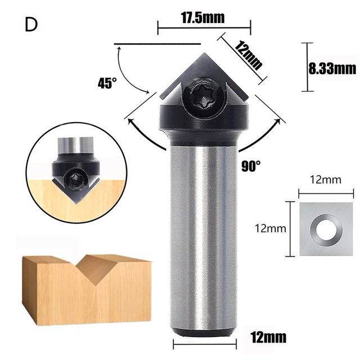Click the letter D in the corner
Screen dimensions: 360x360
(31, 25)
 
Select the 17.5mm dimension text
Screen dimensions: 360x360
(202, 17)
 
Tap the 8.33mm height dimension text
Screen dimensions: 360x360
(332, 69)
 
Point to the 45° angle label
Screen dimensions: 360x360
(107, 83)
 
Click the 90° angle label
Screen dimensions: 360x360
(251, 166)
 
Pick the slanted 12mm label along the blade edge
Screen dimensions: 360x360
(249, 55)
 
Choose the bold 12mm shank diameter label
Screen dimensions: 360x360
(268, 337)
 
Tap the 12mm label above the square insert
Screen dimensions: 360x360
(326, 180)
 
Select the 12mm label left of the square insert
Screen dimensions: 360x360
(271, 228)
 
